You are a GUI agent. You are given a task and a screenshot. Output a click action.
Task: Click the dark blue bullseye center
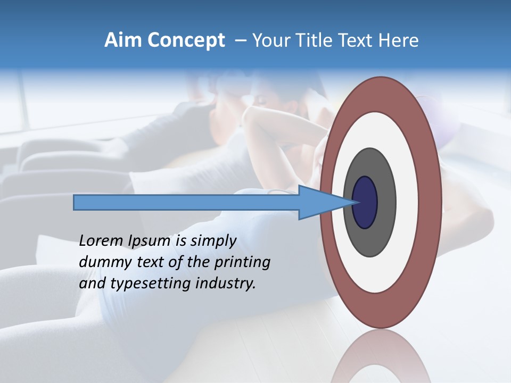(x=365, y=202)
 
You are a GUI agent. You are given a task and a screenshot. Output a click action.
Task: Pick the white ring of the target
(x=407, y=202)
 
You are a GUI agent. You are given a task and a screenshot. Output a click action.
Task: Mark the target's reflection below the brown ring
(x=381, y=356)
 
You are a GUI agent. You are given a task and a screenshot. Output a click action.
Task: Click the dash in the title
(x=240, y=41)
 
